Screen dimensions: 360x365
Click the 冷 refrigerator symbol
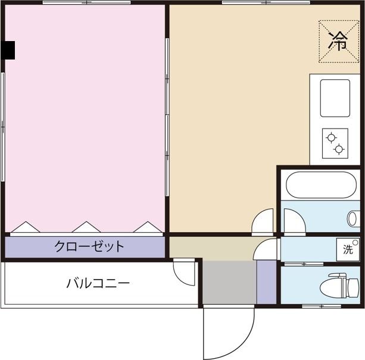click(339, 41)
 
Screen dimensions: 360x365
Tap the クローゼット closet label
click(89, 246)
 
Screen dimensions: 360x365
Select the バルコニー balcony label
click(98, 283)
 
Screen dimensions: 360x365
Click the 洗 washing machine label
click(348, 249)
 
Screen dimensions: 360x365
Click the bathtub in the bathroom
click(322, 185)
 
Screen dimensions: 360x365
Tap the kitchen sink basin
click(335, 98)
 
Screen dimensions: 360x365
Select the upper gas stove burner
click(330, 138)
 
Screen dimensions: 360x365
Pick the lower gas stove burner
click(339, 149)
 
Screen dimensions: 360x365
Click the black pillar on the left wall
click(7, 51)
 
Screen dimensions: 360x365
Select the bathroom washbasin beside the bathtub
click(353, 218)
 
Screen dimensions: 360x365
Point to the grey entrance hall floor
click(230, 283)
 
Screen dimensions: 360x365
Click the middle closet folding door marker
click(86, 227)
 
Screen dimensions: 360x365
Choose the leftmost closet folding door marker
click(26, 227)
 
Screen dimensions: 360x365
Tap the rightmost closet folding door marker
click(146, 227)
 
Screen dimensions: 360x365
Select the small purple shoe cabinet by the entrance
click(266, 282)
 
